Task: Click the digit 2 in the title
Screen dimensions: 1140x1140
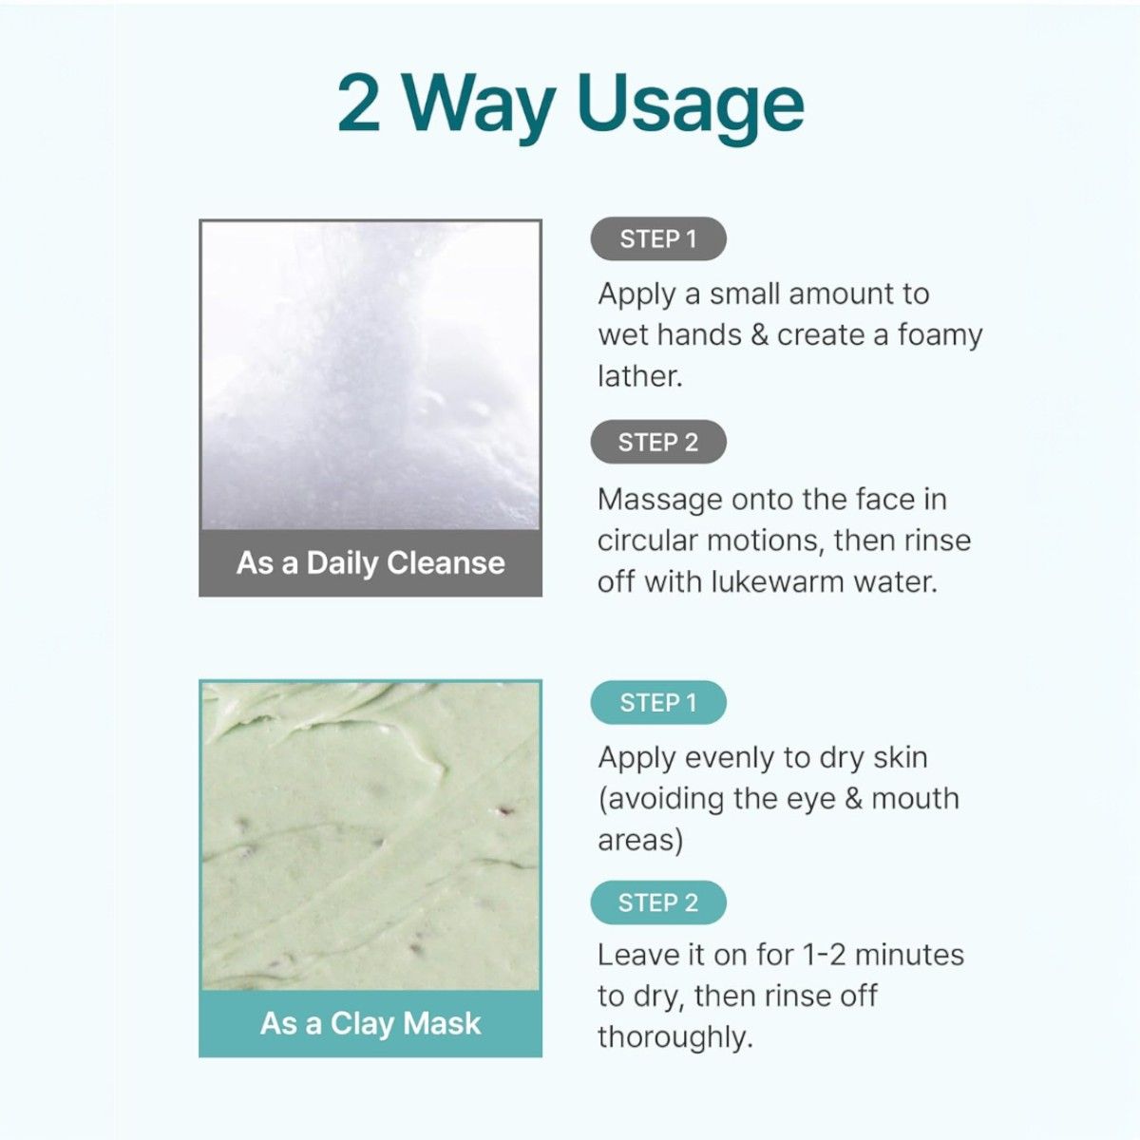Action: tap(358, 103)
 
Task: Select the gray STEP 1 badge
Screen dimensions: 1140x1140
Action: tap(658, 239)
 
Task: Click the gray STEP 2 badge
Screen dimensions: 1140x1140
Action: tap(658, 442)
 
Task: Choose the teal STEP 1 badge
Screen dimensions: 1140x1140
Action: tap(658, 703)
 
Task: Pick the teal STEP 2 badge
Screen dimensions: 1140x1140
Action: tap(658, 902)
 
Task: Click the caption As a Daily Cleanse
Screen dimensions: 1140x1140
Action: tap(370, 562)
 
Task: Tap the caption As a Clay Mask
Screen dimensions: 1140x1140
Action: tap(370, 1023)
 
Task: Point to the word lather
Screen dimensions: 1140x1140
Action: tap(640, 376)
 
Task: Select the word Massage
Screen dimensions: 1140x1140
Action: tap(660, 501)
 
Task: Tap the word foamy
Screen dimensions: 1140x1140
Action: tap(940, 336)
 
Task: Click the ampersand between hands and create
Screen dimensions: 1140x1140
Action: tap(760, 335)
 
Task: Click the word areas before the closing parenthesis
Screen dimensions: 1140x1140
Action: tap(636, 841)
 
